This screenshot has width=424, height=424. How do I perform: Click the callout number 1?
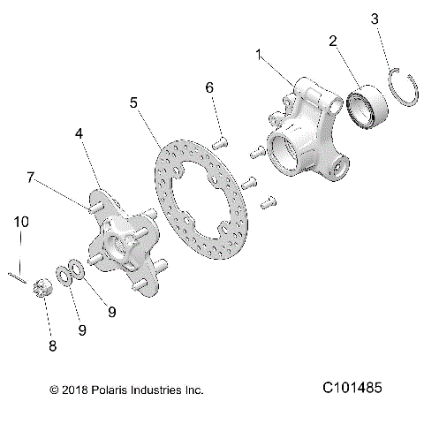[x=259, y=55]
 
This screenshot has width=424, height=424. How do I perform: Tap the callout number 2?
[x=333, y=40]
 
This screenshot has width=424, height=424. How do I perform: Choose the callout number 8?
[x=52, y=345]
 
